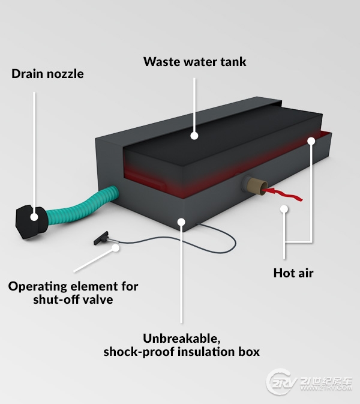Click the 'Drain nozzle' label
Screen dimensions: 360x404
[47, 74]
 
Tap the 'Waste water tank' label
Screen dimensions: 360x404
[194, 62]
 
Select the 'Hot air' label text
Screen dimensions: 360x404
[293, 273]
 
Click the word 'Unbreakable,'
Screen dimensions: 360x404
[182, 339]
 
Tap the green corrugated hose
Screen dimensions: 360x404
[83, 205]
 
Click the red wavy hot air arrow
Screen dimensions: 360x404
[283, 194]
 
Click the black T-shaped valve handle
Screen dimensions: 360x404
[101, 238]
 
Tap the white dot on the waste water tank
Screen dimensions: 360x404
[194, 136]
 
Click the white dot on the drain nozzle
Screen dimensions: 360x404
[34, 217]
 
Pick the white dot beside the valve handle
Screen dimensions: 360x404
[116, 248]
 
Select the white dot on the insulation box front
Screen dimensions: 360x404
[182, 222]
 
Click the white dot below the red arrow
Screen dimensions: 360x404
[284, 209]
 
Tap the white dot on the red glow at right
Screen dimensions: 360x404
[311, 140]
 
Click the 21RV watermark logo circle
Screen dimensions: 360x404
[278, 382]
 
